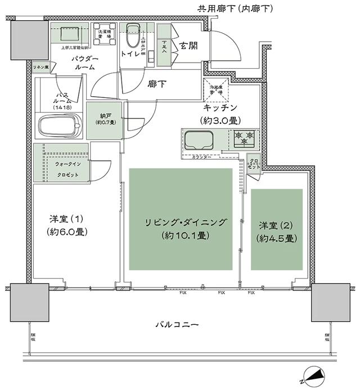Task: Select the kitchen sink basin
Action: (198, 138)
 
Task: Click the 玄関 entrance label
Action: (187, 46)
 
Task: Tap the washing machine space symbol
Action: (105, 33)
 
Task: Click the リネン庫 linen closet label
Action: (39, 67)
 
